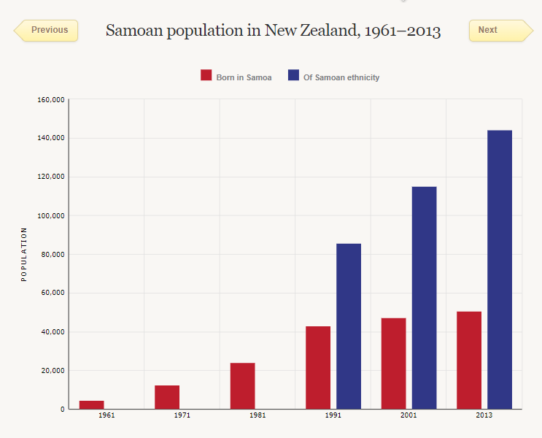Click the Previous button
(x=47, y=30)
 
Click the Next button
(x=500, y=30)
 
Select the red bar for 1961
(x=92, y=404)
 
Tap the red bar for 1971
(x=167, y=397)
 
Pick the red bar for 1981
(x=243, y=385)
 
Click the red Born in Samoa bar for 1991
(x=318, y=367)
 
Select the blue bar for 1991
(x=349, y=326)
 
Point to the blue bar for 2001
(x=424, y=298)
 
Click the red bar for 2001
(x=393, y=364)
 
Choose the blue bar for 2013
(x=500, y=269)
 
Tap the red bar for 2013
(x=469, y=360)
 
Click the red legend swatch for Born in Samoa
(x=206, y=75)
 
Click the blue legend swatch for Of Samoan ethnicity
(x=293, y=75)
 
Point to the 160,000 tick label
(x=51, y=99)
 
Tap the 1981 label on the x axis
(x=258, y=415)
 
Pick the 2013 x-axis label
(x=484, y=415)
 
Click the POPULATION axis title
(x=24, y=254)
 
